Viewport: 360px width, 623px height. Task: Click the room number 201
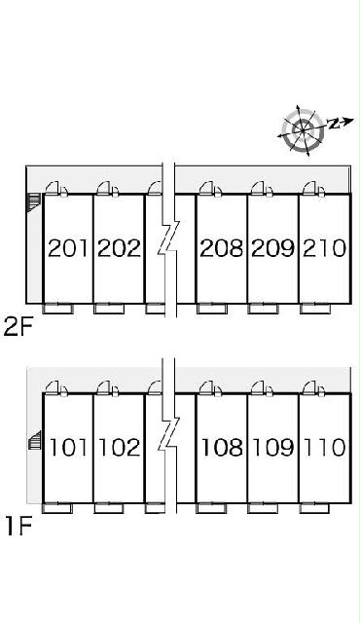[67, 248]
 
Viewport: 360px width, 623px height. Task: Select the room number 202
[119, 248]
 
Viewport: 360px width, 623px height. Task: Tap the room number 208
[221, 248]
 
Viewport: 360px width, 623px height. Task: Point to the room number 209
[273, 248]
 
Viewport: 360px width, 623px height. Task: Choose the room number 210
[324, 248]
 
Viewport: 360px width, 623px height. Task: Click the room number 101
[68, 448]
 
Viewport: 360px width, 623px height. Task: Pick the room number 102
[119, 448]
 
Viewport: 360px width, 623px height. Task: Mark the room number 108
[222, 448]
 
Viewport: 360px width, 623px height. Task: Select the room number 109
[273, 448]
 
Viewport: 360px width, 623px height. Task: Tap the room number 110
[325, 448]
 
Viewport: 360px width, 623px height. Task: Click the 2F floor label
[18, 327]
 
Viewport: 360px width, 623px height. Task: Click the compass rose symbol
[304, 129]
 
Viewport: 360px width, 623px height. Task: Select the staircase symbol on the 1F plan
[35, 440]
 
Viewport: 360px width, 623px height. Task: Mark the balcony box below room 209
[263, 309]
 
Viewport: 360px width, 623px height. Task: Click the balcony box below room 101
[57, 508]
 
